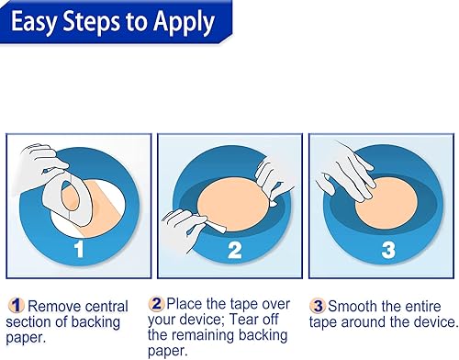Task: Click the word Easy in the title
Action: coord(34,22)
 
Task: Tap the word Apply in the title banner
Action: coord(184,23)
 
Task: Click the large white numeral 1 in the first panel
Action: coord(79,249)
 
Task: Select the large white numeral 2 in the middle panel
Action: coord(235,251)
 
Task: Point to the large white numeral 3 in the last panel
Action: coord(388,250)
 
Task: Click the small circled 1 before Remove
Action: coord(16,305)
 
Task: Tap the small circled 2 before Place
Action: coord(156,303)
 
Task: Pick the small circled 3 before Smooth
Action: coord(318,306)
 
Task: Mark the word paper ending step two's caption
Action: coord(167,351)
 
